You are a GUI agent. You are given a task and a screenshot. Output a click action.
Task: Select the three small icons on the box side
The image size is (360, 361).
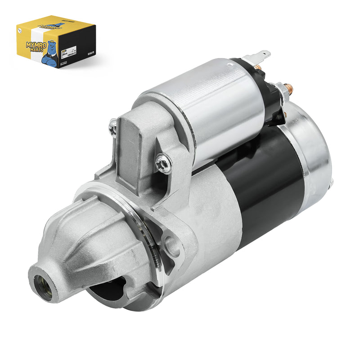(x=91, y=53)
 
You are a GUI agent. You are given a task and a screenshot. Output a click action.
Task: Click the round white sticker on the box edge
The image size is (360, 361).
(x=20, y=31)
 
